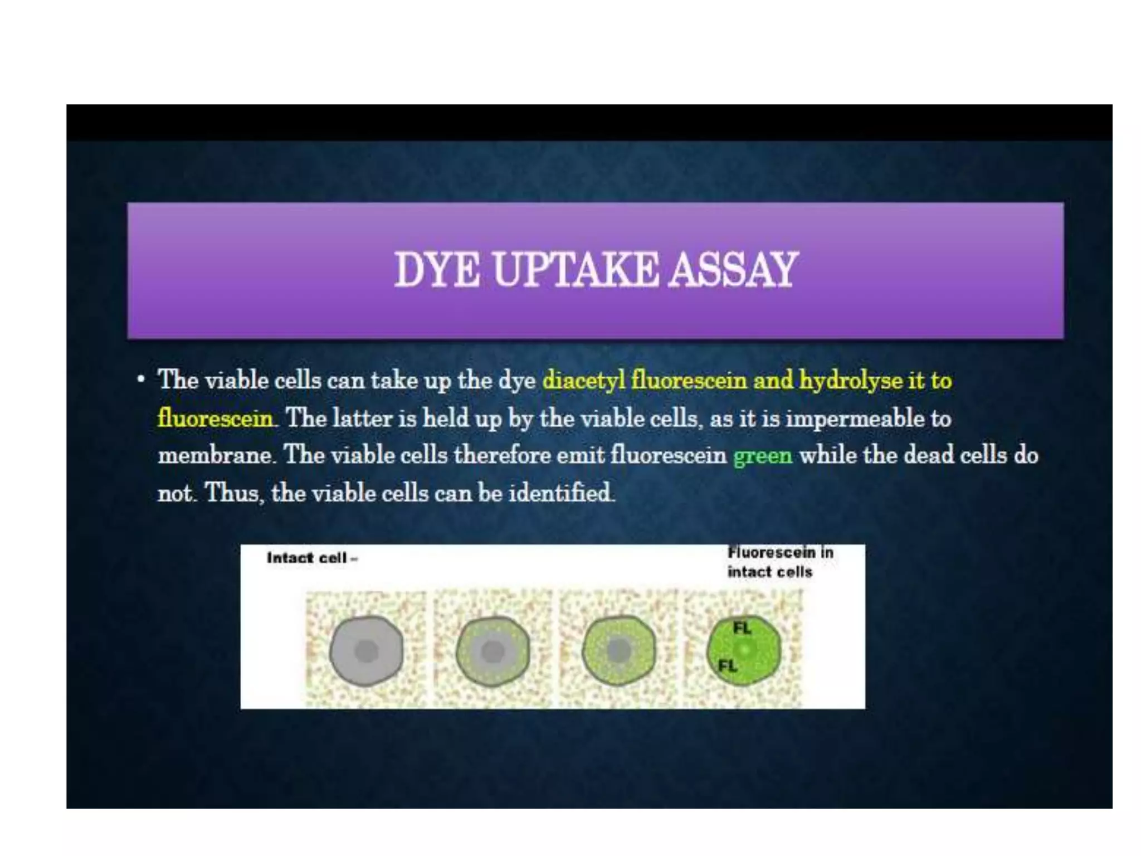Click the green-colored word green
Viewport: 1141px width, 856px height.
click(763, 456)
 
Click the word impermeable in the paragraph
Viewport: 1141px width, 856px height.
click(855, 419)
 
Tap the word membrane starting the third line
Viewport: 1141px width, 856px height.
click(214, 456)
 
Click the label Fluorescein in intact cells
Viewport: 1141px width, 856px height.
click(779, 562)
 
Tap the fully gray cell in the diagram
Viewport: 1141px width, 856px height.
click(366, 651)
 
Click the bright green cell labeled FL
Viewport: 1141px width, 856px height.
click(744, 650)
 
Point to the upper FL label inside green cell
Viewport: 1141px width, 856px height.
click(742, 629)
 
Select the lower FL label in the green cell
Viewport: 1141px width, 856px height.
click(727, 666)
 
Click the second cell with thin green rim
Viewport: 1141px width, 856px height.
click(493, 651)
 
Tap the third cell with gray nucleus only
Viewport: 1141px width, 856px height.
click(618, 650)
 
